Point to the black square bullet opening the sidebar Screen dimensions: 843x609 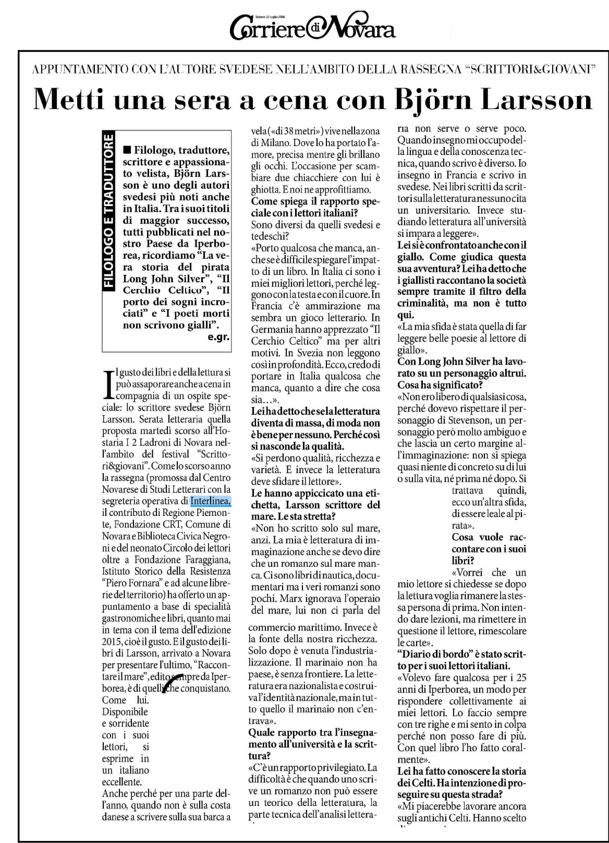click(126, 150)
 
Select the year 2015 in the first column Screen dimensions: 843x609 click(113, 641)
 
